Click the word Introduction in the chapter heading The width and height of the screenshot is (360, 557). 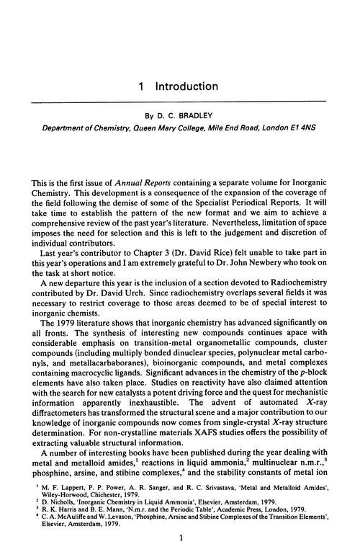tap(185, 86)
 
